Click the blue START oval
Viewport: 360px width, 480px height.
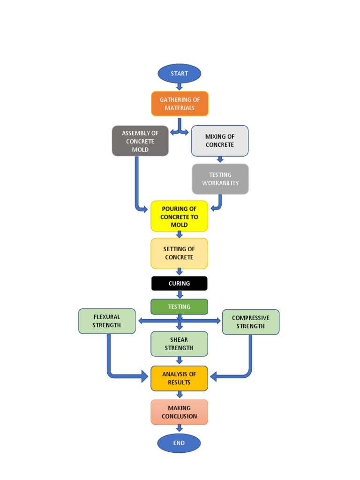coord(180,74)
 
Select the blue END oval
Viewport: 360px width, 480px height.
coord(179,443)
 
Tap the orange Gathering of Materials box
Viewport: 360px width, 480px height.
coord(180,104)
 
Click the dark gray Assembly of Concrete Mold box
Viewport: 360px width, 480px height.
coord(140,141)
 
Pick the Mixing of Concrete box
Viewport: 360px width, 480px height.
coord(220,141)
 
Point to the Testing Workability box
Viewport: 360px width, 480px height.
coord(220,179)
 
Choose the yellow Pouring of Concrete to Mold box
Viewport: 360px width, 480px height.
coord(179,217)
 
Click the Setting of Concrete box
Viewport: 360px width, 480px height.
coord(179,253)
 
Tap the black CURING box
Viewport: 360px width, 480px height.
coord(179,284)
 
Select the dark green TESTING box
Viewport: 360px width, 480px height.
coord(179,307)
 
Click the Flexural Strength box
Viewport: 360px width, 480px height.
coord(107,321)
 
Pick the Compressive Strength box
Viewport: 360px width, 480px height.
coord(251,322)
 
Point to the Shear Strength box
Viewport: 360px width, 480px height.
coord(179,344)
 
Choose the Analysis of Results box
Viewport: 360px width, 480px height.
coord(179,378)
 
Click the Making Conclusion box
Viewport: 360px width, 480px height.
coord(179,412)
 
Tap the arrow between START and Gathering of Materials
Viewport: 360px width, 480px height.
coord(179,87)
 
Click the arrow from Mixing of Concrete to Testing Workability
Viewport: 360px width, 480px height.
coord(220,159)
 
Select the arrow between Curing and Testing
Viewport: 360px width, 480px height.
coord(179,294)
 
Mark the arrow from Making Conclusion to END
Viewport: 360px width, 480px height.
coord(179,428)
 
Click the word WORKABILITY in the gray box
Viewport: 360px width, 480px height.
coord(220,183)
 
